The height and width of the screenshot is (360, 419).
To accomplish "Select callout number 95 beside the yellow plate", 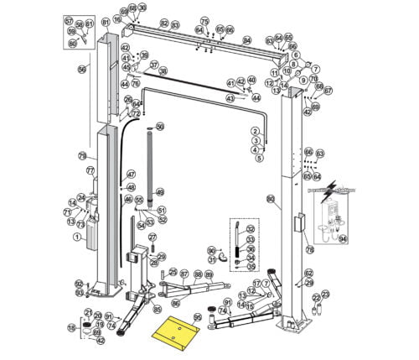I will pyautogui.click(x=198, y=318).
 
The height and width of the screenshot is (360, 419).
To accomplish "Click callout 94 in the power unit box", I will pyautogui.click(x=343, y=237).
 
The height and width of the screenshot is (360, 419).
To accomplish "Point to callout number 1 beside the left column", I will pyautogui.click(x=76, y=237).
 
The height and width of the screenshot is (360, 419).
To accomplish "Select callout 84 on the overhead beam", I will pyautogui.click(x=246, y=39).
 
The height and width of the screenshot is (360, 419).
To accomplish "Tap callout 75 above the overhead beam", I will pyautogui.click(x=204, y=20).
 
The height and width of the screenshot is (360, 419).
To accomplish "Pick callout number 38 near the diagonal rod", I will pyautogui.click(x=163, y=71).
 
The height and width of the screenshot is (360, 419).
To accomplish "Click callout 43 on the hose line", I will pyautogui.click(x=230, y=98).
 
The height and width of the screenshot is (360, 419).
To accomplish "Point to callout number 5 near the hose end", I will pyautogui.click(x=259, y=158).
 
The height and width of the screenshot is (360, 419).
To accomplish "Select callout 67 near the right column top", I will pyautogui.click(x=328, y=90).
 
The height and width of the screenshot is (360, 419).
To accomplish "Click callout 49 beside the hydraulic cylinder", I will pyautogui.click(x=160, y=192).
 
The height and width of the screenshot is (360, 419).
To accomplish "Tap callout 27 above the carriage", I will pyautogui.click(x=153, y=238).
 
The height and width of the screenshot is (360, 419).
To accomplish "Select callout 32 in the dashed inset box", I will pyautogui.click(x=251, y=229).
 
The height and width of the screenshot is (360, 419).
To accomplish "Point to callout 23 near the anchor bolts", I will pyautogui.click(x=326, y=294).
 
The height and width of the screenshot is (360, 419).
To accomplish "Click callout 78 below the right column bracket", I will pyautogui.click(x=309, y=249).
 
